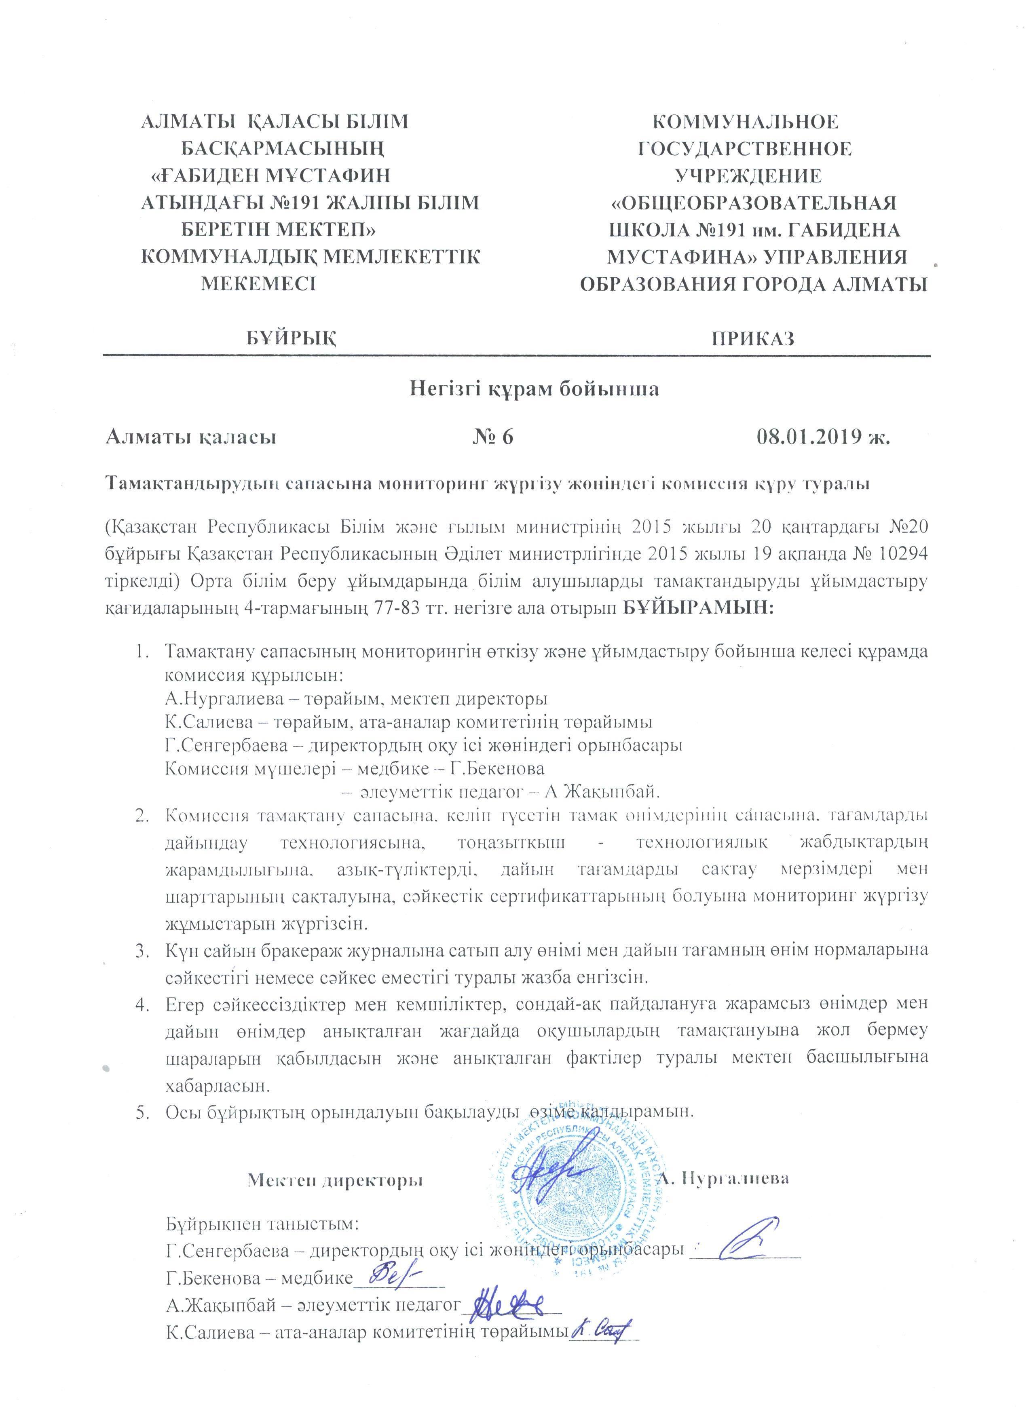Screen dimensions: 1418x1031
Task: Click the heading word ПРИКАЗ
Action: pyautogui.click(x=753, y=338)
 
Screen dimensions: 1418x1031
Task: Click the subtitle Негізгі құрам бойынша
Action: pyautogui.click(x=535, y=389)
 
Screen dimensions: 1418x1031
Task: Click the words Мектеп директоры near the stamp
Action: pyautogui.click(x=336, y=1179)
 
